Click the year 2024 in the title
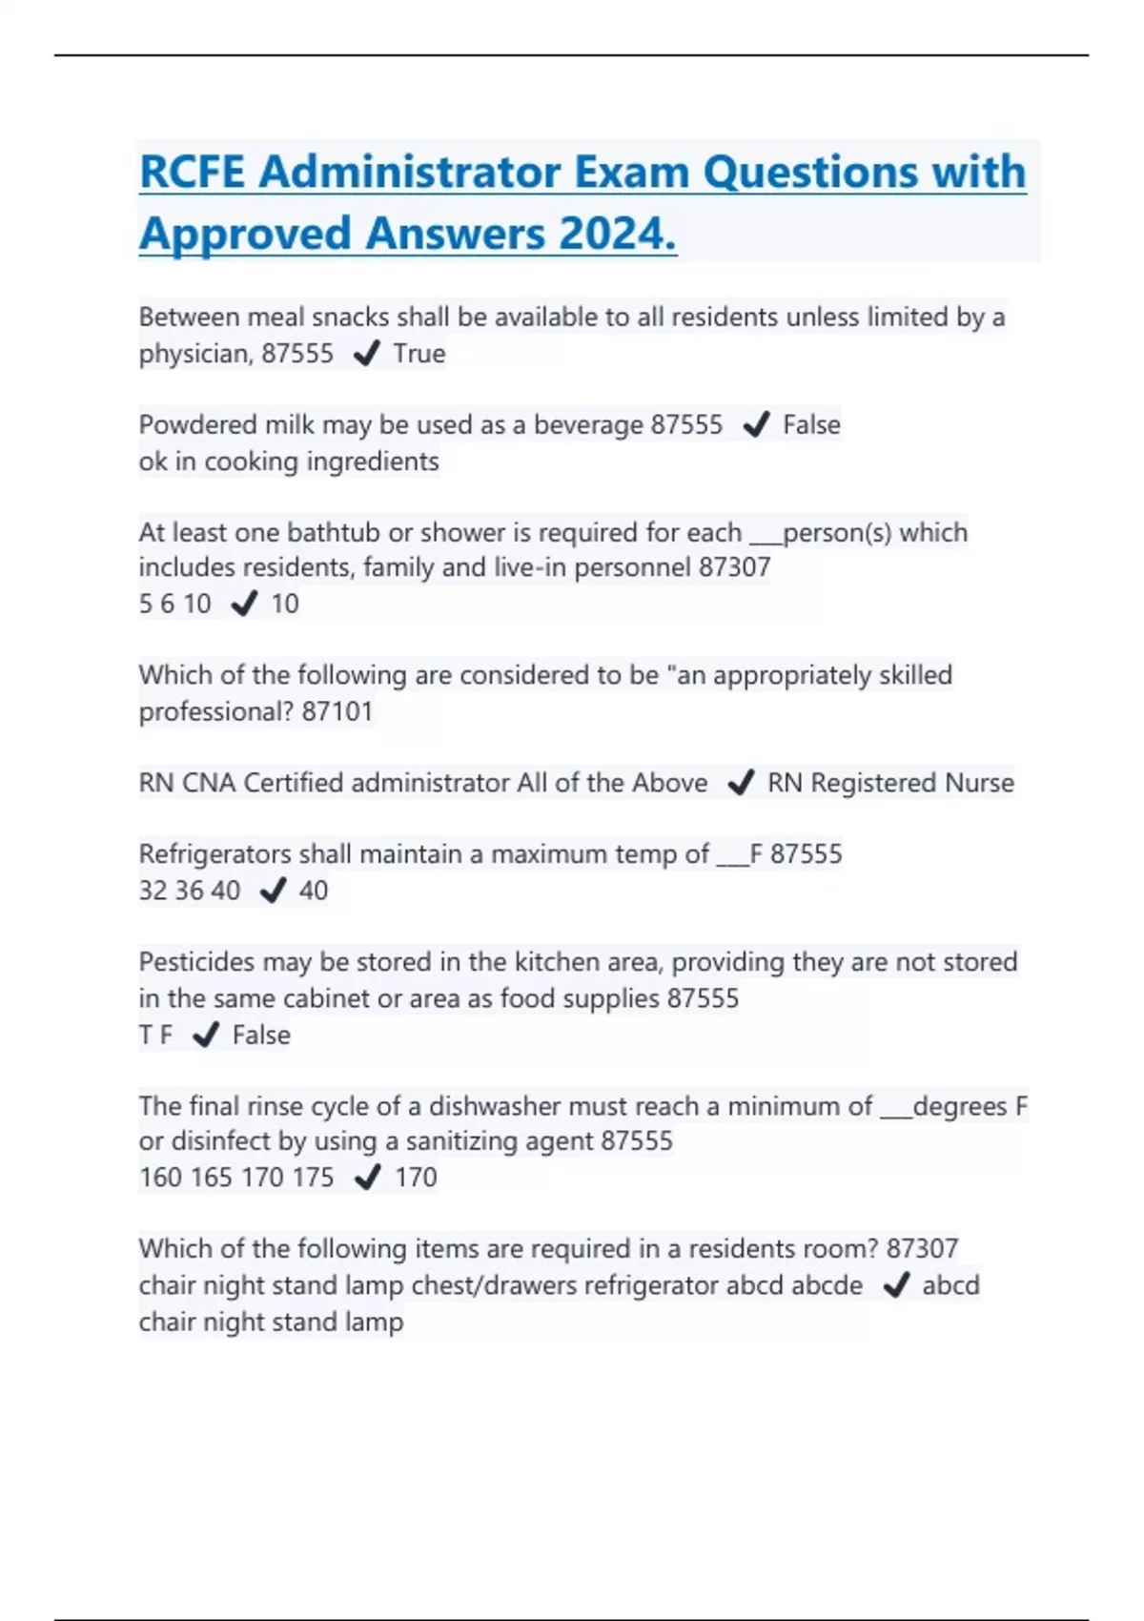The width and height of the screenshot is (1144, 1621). [x=618, y=234]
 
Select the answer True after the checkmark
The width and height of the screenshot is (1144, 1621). [x=419, y=354]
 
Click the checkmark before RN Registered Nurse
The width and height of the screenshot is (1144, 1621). [x=741, y=783]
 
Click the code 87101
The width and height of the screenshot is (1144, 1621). [x=337, y=711]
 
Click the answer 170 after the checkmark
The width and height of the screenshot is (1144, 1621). [x=416, y=1178]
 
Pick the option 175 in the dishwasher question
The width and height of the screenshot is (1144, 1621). [x=313, y=1178]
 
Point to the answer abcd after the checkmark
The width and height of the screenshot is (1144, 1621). [x=950, y=1285]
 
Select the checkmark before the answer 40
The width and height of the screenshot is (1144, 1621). [x=273, y=891]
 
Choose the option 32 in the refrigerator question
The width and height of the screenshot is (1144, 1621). [x=153, y=891]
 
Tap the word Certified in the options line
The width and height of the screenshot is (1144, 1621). [x=294, y=783]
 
